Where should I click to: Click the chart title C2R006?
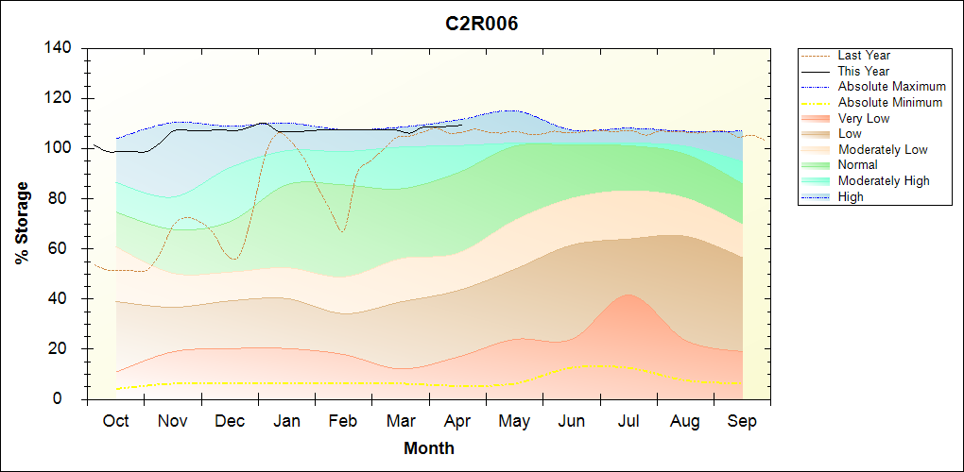pyautogui.click(x=482, y=25)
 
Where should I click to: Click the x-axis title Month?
pyautogui.click(x=429, y=448)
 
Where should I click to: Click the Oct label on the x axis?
pyautogui.click(x=115, y=421)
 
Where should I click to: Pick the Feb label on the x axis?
pyautogui.click(x=343, y=421)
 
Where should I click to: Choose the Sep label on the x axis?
pyautogui.click(x=742, y=421)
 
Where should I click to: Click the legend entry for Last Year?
pyautogui.click(x=864, y=56)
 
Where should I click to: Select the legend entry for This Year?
pyautogui.click(x=864, y=71)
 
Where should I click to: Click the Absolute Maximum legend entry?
pyautogui.click(x=891, y=87)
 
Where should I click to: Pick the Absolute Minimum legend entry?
pyautogui.click(x=890, y=102)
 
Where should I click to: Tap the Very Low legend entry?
pyautogui.click(x=864, y=118)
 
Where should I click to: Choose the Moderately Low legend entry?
pyautogui.click(x=883, y=149)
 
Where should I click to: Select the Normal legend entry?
pyautogui.click(x=857, y=165)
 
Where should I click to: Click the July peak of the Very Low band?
pyautogui.click(x=628, y=295)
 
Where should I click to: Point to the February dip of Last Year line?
pyautogui.click(x=341, y=230)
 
